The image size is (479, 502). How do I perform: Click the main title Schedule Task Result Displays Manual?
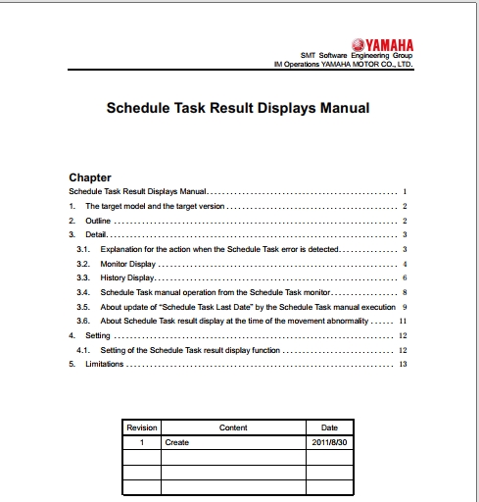pyautogui.click(x=238, y=108)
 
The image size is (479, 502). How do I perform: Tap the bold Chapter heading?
pyautogui.click(x=89, y=177)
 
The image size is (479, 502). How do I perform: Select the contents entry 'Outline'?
pyautogui.click(x=98, y=222)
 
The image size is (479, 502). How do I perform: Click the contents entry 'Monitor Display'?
pyautogui.click(x=127, y=265)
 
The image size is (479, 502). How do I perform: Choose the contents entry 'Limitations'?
pyautogui.click(x=106, y=364)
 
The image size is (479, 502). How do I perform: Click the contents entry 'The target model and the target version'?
pyautogui.click(x=155, y=207)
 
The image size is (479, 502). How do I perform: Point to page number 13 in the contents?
pyautogui.click(x=403, y=364)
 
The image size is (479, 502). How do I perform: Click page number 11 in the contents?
pyautogui.click(x=403, y=321)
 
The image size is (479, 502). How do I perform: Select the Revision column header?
pyautogui.click(x=142, y=427)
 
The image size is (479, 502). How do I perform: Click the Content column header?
pyautogui.click(x=233, y=427)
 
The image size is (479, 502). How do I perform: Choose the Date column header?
pyautogui.click(x=329, y=427)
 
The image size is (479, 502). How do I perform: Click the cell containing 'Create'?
pyautogui.click(x=177, y=442)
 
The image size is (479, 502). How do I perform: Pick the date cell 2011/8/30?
pyautogui.click(x=329, y=442)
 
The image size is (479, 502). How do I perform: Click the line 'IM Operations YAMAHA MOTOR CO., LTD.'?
pyautogui.click(x=342, y=66)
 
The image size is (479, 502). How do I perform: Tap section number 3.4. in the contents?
pyautogui.click(x=83, y=292)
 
